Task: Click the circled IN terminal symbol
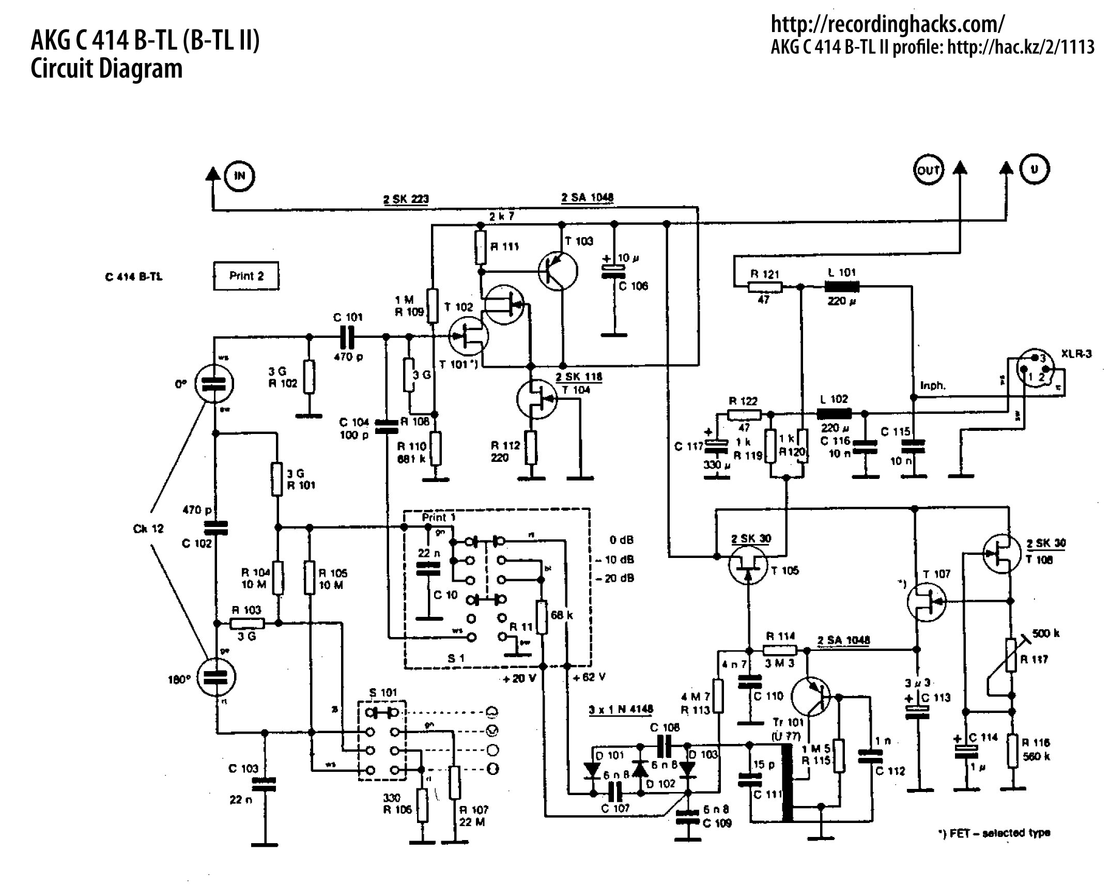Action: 240,176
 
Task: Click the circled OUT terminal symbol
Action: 928,170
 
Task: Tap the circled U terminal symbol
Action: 1034,169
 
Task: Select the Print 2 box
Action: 246,276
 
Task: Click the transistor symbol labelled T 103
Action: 558,270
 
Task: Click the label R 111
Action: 504,246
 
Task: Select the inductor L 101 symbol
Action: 842,287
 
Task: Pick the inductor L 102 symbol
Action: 834,413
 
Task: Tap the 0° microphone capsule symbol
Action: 215,383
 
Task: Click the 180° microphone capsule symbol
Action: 217,677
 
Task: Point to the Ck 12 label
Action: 148,529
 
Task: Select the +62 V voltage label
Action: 589,677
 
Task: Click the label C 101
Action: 348,317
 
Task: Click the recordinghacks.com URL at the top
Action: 888,24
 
